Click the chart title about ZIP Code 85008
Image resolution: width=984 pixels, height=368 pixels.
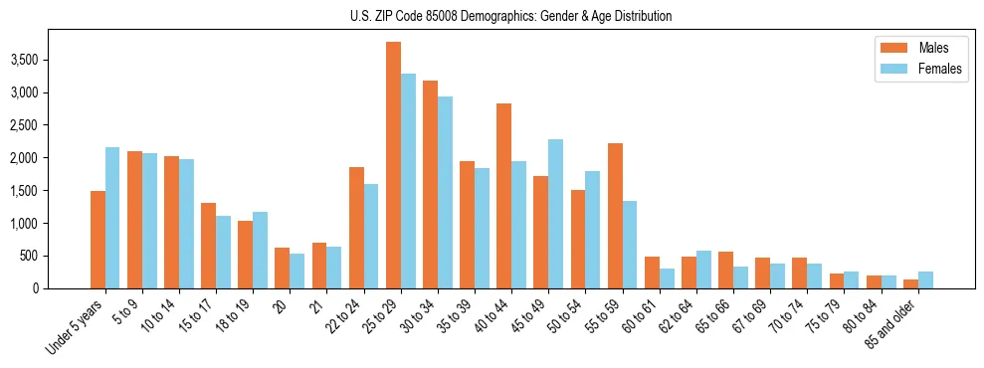[510, 16]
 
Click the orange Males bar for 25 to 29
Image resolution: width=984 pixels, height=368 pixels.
[393, 165]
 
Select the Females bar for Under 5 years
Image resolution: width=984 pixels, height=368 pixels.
[112, 218]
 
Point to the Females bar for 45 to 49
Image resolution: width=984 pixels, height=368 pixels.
[555, 214]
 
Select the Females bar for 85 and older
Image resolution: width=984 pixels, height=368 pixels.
[925, 279]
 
